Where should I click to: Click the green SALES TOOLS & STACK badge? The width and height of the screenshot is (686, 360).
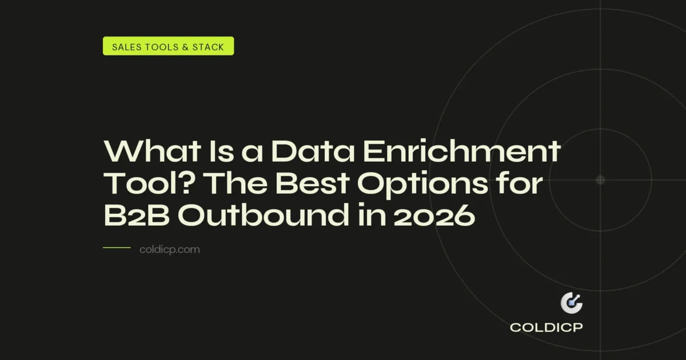(x=168, y=46)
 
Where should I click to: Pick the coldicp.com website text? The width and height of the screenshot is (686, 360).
(x=169, y=249)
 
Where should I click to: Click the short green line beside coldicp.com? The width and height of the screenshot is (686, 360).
(x=117, y=248)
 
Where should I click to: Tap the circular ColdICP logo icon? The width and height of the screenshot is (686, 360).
(x=571, y=303)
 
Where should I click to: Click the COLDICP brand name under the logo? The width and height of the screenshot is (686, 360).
(x=547, y=328)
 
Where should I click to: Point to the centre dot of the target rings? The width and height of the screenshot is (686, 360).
(x=600, y=180)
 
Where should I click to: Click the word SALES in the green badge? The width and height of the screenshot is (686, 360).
(x=126, y=47)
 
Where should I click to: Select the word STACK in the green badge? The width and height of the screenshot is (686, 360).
(x=210, y=47)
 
